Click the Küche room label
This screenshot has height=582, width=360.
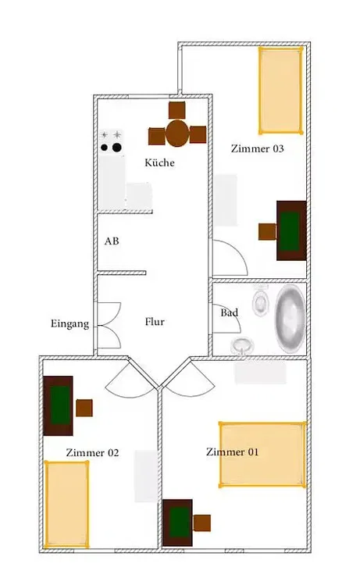pyautogui.click(x=159, y=162)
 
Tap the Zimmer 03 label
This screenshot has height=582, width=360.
pyautogui.click(x=257, y=148)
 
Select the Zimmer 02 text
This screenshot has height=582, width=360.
pyautogui.click(x=92, y=452)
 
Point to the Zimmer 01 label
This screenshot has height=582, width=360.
pyautogui.click(x=233, y=452)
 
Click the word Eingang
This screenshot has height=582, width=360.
pyautogui.click(x=70, y=324)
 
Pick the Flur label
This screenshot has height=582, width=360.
pyautogui.click(x=155, y=321)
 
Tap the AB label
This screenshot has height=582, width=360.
pyautogui.click(x=112, y=241)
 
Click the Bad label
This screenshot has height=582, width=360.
pyautogui.click(x=229, y=312)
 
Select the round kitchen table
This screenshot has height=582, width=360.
pyautogui.click(x=177, y=134)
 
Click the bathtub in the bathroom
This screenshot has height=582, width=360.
pyautogui.click(x=290, y=320)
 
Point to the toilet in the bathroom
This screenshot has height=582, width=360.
pyautogui.click(x=260, y=300)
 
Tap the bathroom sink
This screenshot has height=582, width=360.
pyautogui.click(x=242, y=346)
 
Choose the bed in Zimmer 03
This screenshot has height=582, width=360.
pyautogui.click(x=280, y=90)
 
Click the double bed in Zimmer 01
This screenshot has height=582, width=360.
pyautogui.click(x=262, y=454)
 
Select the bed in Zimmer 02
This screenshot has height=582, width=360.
pyautogui.click(x=67, y=504)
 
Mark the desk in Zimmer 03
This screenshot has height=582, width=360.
pyautogui.click(x=291, y=230)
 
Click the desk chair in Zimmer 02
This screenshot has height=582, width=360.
pyautogui.click(x=84, y=408)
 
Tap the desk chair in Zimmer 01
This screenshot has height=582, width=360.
pyautogui.click(x=202, y=523)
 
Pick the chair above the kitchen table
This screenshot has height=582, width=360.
pyautogui.click(x=177, y=110)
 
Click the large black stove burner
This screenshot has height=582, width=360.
pyautogui.click(x=117, y=148)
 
